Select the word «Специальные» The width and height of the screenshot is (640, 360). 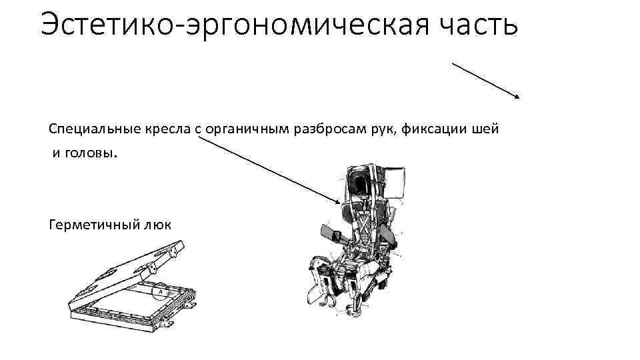87,129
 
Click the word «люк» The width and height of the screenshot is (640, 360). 156,224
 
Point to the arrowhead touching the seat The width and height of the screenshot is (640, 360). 339,202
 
